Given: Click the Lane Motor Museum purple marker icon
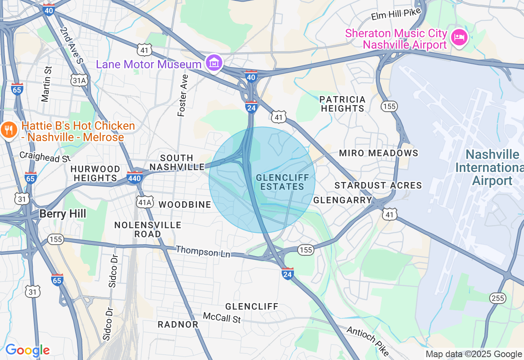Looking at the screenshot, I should pos(214,63).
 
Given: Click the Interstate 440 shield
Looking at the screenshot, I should pos(135,177).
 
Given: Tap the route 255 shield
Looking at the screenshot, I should pos(498,298).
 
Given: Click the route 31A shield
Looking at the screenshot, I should pos(79,81).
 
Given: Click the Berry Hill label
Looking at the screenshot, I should pos(63,214).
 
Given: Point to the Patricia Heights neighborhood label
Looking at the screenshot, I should pos(342,104).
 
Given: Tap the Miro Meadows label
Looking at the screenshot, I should pos(379,153).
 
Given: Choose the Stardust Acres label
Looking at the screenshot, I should pos(378,185).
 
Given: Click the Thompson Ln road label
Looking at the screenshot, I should pos(203,252).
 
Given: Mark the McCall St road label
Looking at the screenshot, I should pos(222,317).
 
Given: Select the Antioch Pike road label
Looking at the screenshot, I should pos(368,341).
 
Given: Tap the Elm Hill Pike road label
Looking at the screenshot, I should pos(396,15).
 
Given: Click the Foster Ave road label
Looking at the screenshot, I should pos(183,95).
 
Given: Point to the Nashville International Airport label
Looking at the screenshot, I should pos(492,167).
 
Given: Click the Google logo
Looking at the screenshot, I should pos(27,350).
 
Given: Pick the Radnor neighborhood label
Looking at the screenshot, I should pos(178,324).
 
